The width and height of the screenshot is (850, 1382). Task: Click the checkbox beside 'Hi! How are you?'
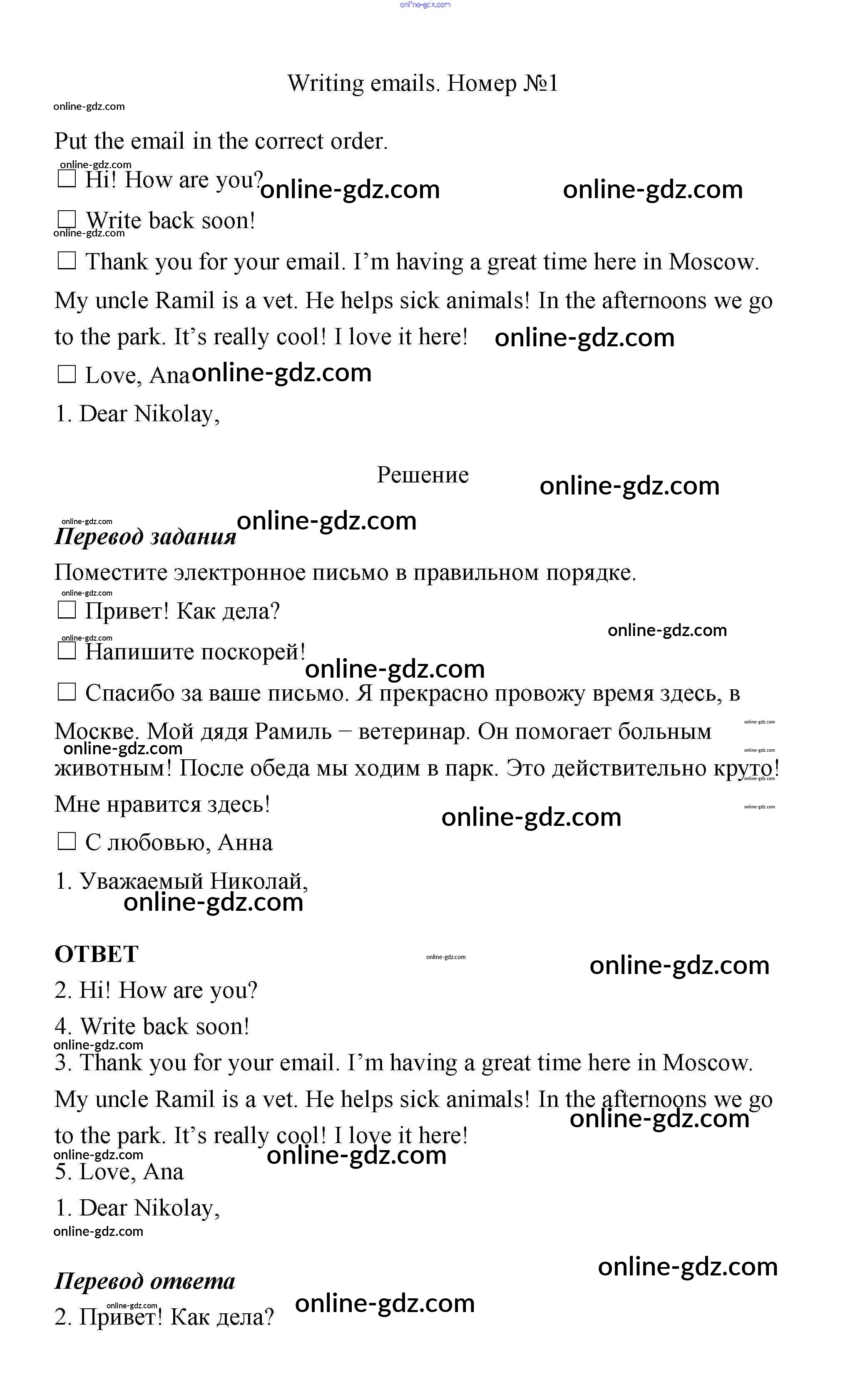click(67, 180)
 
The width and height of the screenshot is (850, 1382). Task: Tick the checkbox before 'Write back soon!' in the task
click(67, 220)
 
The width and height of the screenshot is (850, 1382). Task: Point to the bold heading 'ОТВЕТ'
click(96, 954)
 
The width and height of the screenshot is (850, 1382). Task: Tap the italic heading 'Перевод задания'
click(145, 537)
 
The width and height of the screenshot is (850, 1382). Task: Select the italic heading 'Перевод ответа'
click(144, 1281)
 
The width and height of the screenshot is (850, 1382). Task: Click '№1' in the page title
click(540, 83)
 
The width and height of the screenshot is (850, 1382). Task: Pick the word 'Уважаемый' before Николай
click(141, 881)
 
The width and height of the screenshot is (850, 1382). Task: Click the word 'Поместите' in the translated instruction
click(111, 573)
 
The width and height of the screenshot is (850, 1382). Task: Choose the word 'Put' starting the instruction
click(70, 141)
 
